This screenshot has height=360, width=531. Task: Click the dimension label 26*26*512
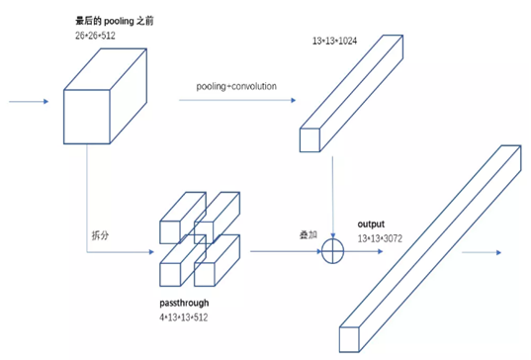point(95,36)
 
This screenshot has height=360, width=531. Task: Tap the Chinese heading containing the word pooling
point(115,21)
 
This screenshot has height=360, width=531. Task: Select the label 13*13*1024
point(334,41)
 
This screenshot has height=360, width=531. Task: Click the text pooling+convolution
point(236,86)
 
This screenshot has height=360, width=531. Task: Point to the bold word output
point(371,224)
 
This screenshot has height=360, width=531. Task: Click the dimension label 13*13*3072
point(380,238)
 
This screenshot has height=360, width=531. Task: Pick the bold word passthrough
point(184,303)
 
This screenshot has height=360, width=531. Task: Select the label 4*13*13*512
point(184,317)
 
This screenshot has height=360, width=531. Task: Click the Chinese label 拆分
point(100,235)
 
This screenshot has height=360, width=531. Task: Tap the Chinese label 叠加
point(309,234)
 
